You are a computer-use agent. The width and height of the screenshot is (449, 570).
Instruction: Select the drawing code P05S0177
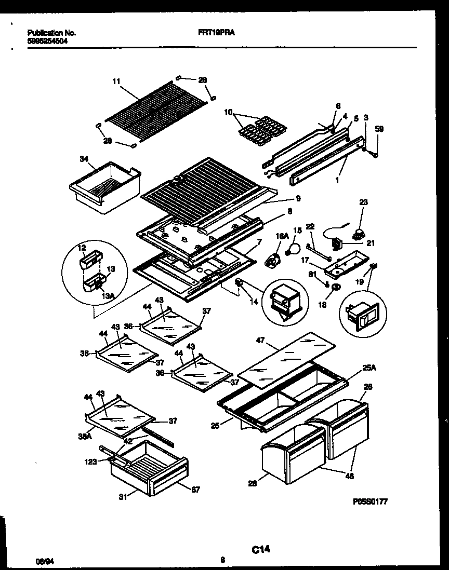370,502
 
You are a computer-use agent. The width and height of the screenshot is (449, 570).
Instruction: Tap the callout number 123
91,460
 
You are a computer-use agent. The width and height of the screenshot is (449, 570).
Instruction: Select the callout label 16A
281,236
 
